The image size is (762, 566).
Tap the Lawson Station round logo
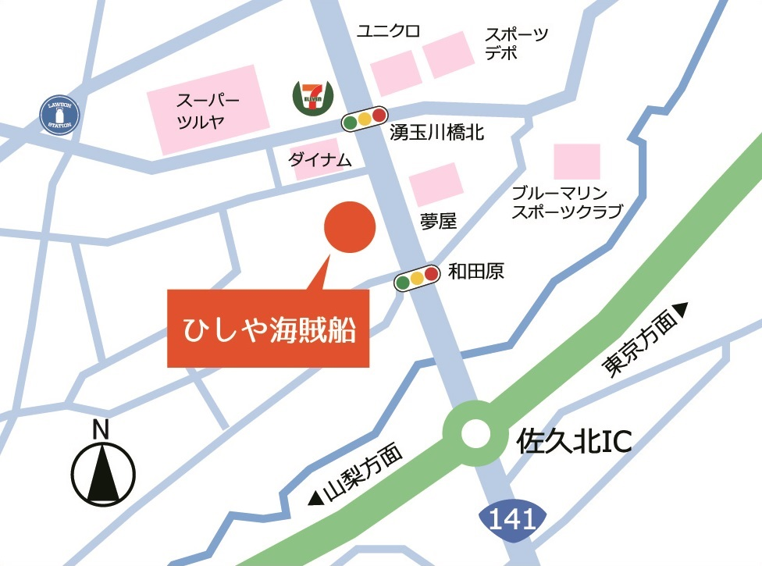click(61, 116)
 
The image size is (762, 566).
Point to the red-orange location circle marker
click(350, 227)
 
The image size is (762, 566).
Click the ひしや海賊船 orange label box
click(268, 328)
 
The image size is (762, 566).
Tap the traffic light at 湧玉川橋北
click(365, 119)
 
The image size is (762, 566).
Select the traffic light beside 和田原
click(417, 279)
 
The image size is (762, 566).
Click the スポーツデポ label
click(516, 44)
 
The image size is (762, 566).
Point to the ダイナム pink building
click(315, 159)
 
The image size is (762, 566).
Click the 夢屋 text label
click(437, 222)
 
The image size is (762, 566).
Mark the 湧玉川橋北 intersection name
click(437, 133)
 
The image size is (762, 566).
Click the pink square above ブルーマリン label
click(577, 162)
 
